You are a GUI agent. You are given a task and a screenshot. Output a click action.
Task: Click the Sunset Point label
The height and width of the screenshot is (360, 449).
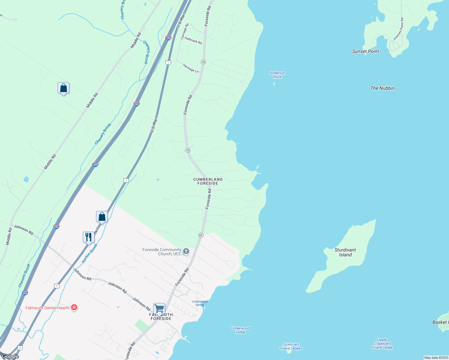pos(365,51)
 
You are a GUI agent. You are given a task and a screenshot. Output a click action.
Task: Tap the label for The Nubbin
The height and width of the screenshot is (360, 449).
pos(382,88)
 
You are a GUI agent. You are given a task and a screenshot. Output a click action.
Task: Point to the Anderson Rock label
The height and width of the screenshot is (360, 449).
pos(277,75)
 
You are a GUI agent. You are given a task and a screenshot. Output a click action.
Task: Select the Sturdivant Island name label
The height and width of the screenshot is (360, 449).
pos(345,252)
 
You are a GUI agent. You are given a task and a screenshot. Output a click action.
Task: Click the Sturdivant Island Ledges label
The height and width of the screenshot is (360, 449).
pos(291,346)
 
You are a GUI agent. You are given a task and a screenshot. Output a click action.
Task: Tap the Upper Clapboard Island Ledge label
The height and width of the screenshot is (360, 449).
pos(382,344)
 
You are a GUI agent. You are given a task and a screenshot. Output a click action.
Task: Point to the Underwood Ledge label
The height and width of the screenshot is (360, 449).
pos(240,330)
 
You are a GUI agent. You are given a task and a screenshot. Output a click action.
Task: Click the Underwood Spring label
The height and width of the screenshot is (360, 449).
pos(200,303)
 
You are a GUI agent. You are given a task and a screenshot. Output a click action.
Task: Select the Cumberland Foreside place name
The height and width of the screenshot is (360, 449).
pos(208,181)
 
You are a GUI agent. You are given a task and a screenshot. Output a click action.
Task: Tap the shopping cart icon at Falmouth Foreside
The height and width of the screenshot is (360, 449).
pos(159,308)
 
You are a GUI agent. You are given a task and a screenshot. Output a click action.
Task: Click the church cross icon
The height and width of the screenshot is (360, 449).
pos(186,251)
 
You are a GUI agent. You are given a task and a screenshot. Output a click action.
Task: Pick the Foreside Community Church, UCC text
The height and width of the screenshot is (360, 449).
pos(162,252)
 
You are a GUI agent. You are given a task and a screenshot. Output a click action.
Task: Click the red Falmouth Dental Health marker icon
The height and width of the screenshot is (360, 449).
pos(74,307)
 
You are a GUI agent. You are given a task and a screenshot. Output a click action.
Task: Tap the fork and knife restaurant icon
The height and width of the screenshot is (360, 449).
pos(89,237)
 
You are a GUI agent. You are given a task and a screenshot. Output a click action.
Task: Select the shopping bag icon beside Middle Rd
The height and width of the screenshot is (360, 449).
pos(63,88)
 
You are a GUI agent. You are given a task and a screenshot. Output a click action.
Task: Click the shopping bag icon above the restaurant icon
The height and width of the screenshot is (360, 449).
pos(102,217)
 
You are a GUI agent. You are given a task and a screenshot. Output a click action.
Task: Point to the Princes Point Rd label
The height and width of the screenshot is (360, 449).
pos(399,29)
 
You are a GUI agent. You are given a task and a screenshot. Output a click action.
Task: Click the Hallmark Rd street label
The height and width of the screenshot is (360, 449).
pos(193,40)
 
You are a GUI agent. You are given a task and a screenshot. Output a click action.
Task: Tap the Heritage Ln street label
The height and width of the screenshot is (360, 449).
pos(191,68)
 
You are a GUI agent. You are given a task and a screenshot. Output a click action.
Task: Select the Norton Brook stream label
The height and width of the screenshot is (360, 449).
pos(90,253)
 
